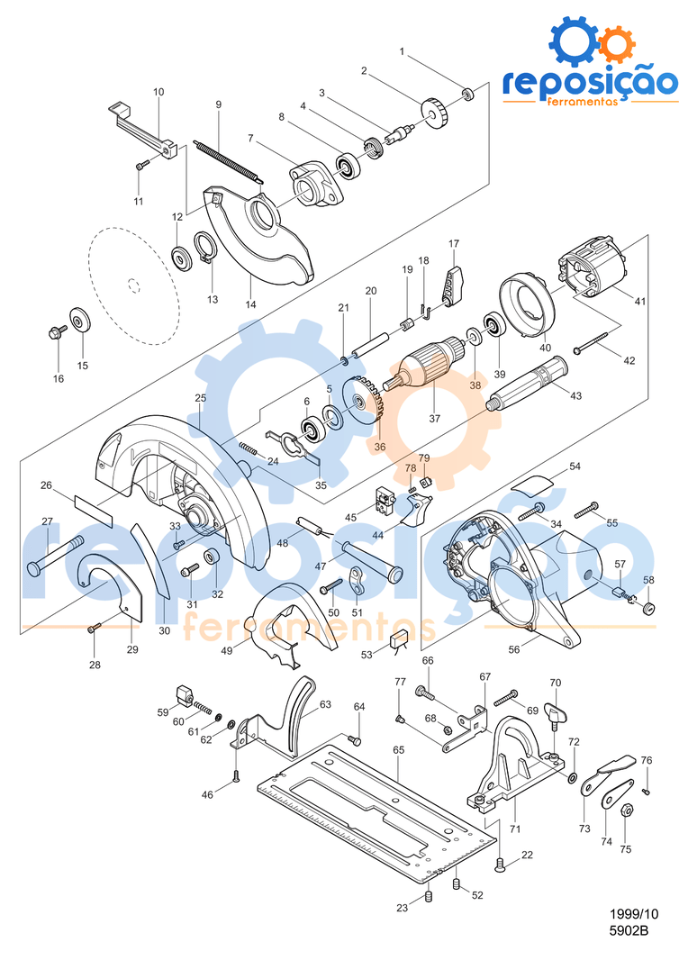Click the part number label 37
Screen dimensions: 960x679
[x=435, y=418]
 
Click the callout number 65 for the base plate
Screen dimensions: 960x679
[x=398, y=748]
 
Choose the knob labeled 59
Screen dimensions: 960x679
[x=185, y=693]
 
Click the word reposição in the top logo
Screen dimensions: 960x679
[x=589, y=82]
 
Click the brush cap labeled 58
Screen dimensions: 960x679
[x=647, y=607]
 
